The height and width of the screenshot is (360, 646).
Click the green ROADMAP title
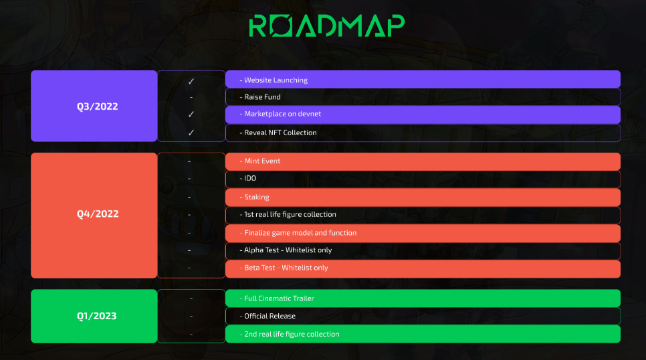[x=327, y=26]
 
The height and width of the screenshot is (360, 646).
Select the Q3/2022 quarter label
[x=97, y=106]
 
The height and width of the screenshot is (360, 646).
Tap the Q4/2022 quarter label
[x=98, y=214]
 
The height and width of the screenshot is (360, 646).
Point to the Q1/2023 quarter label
[x=97, y=316]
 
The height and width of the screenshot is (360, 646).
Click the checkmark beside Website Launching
[x=191, y=82]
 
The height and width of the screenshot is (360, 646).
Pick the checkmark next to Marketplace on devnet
[x=191, y=114]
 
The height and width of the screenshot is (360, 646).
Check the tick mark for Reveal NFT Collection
[x=191, y=132]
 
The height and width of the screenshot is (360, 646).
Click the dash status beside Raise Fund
[x=191, y=98]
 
